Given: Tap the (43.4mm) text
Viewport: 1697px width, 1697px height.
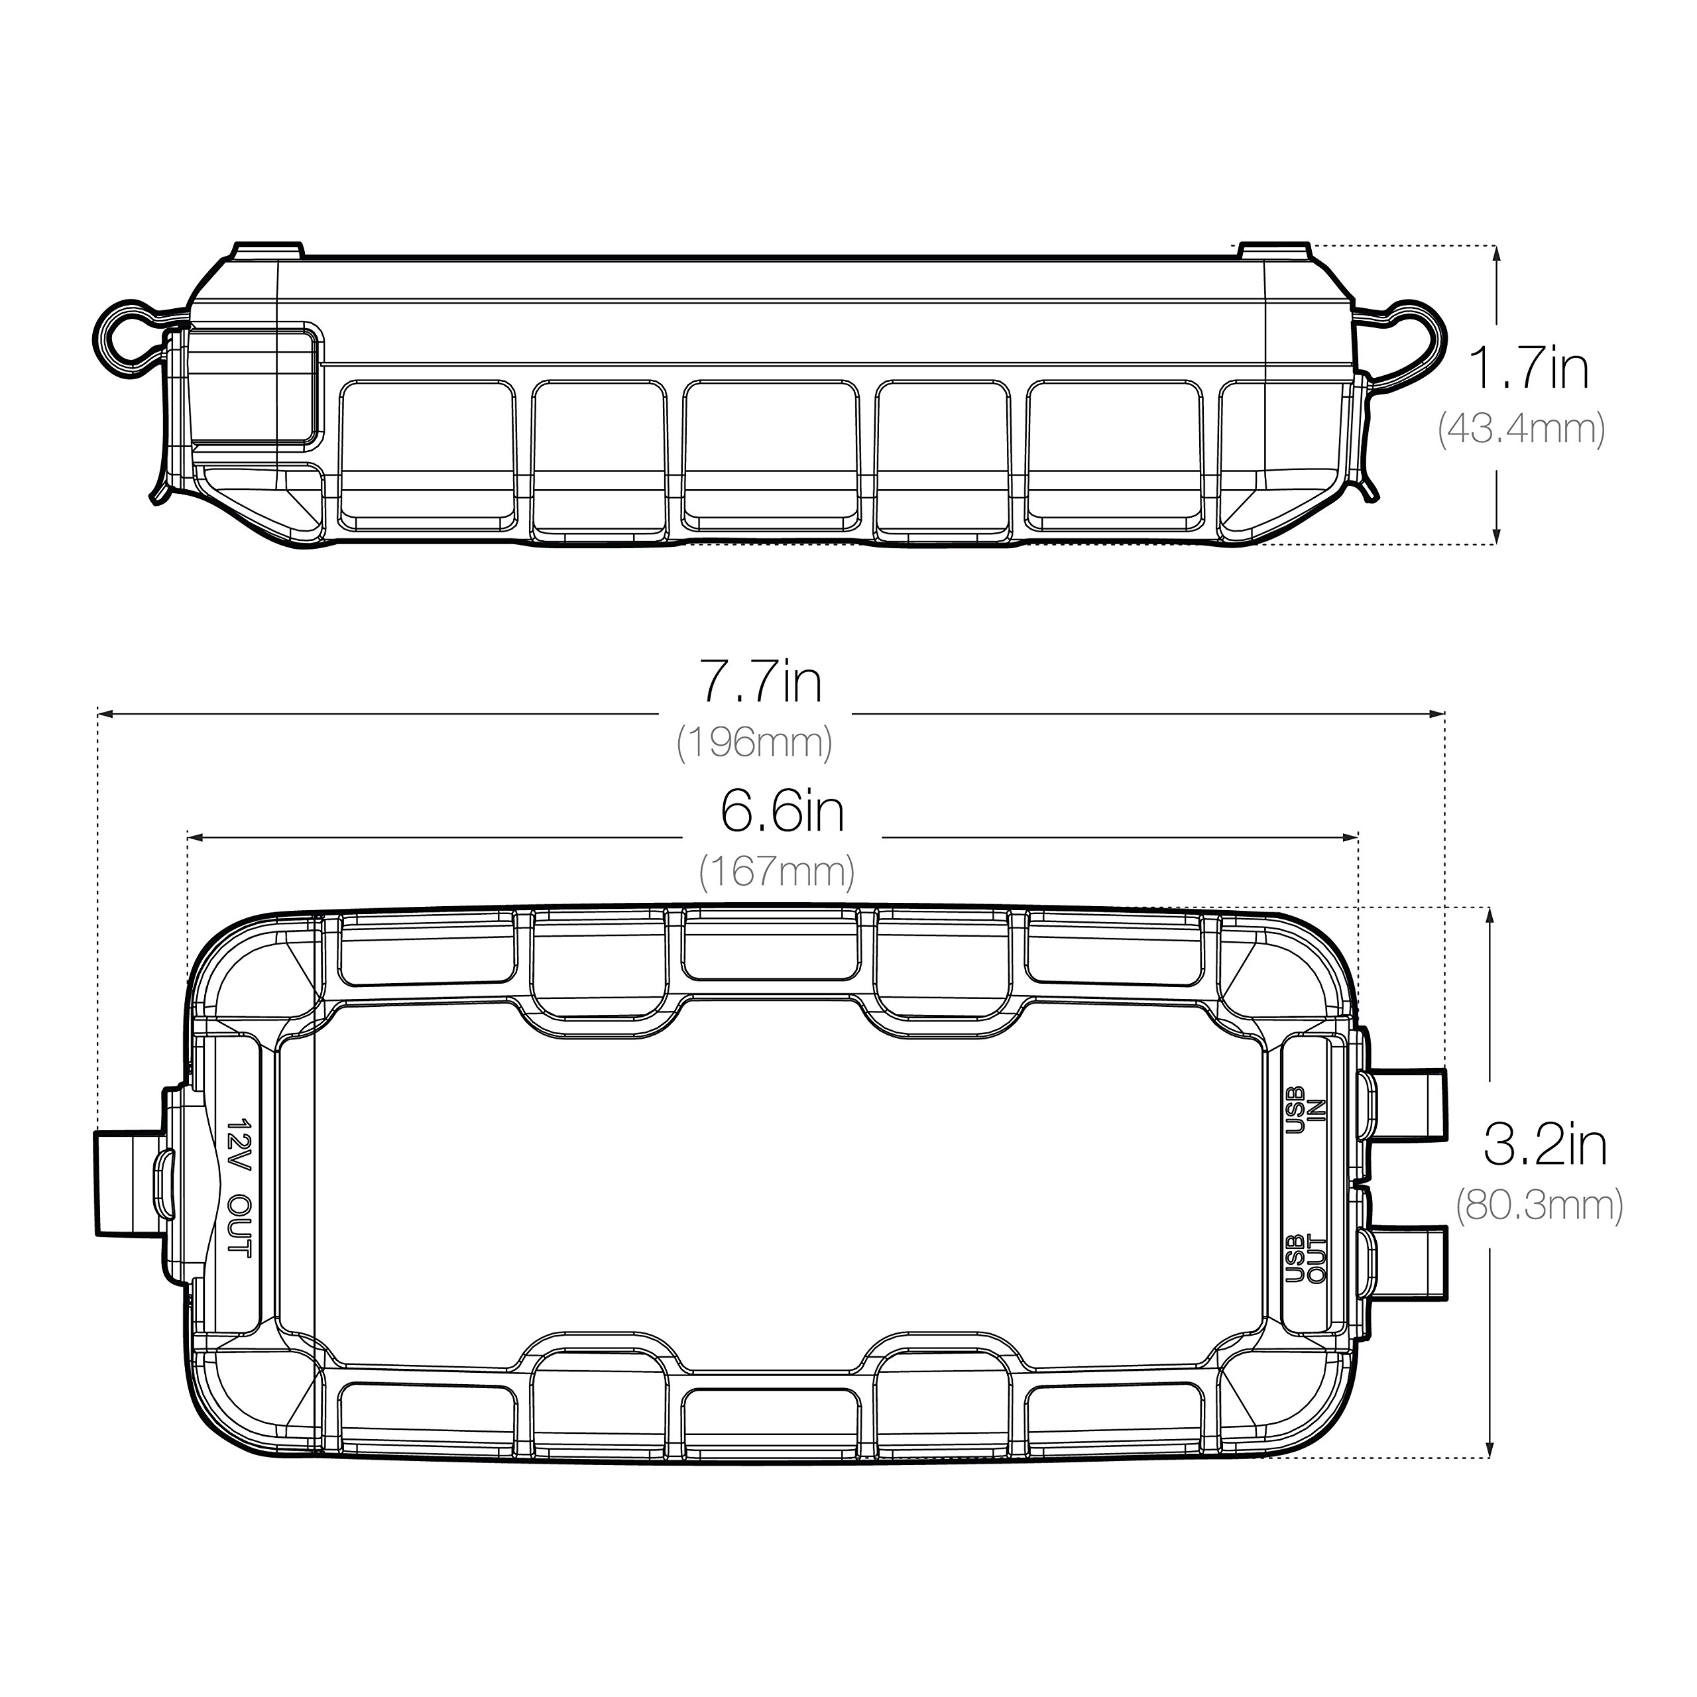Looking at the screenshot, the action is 1522,430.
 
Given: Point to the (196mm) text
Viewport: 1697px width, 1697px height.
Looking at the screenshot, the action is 754,743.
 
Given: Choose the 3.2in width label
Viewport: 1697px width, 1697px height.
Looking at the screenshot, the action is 1545,1145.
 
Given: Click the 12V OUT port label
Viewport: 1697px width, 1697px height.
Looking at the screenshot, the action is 239,1187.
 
